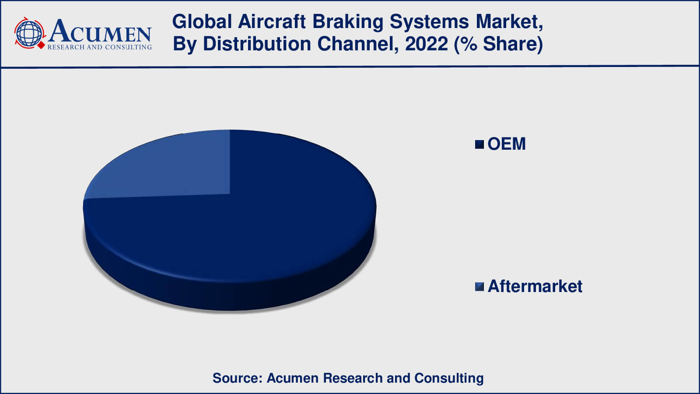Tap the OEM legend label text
tap(506, 144)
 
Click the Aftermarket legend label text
tap(535, 286)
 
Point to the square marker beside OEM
tap(479, 144)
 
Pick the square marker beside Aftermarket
tap(479, 287)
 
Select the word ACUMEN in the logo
tap(100, 32)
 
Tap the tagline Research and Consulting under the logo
tap(99, 47)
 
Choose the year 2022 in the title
tap(426, 44)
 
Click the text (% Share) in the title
tap(499, 44)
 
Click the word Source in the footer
tap(237, 378)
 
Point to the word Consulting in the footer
tap(449, 378)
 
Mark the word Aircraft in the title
tap(272, 22)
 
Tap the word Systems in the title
tap(430, 22)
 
